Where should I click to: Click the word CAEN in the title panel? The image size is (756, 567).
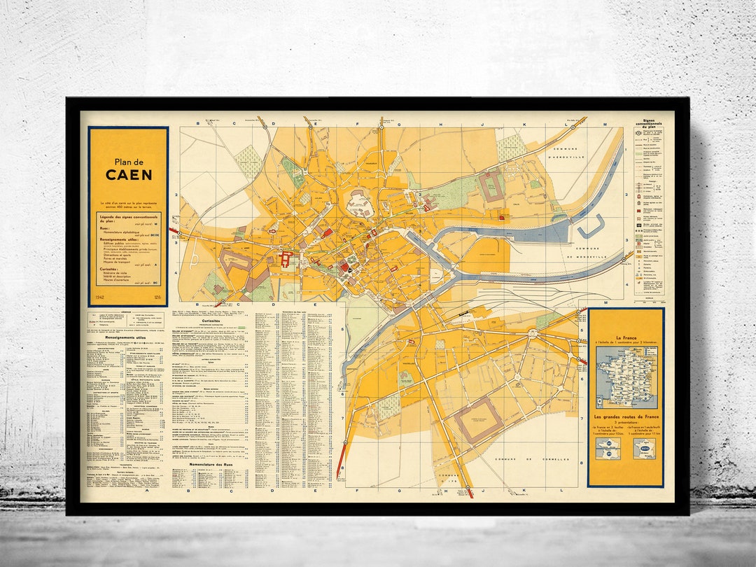129,175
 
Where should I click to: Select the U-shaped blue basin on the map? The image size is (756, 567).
590,225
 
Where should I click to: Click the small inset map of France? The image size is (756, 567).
626,377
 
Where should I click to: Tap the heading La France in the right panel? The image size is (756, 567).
626,337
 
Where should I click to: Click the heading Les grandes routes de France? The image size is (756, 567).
626,417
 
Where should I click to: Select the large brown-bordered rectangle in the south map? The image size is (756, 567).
478,420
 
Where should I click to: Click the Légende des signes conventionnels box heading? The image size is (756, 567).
128,218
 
